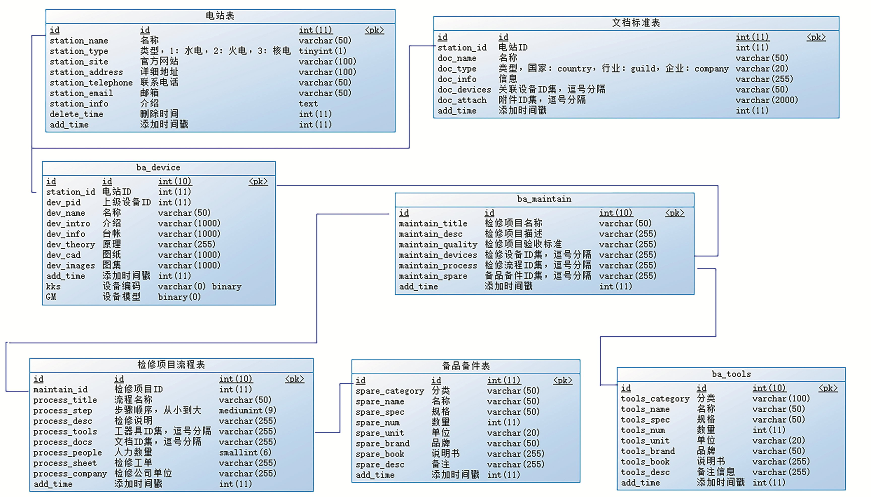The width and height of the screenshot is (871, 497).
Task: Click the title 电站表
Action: point(220,16)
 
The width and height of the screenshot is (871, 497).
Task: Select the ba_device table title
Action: point(158,168)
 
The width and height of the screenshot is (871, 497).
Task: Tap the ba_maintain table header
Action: point(544,199)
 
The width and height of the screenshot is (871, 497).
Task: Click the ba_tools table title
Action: point(731,374)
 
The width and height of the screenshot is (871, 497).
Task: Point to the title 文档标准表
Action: point(636,23)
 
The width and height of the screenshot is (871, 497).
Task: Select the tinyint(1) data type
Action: point(322,51)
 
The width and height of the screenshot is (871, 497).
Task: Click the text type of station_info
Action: point(308,104)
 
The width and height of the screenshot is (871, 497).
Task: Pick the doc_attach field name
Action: point(462,100)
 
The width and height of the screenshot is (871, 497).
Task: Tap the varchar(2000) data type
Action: point(766,100)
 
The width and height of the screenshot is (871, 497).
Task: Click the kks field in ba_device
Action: point(53,286)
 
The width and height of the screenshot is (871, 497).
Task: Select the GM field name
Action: point(51,297)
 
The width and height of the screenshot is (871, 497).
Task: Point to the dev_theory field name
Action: point(71,244)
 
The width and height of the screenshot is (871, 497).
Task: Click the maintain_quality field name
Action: point(438,244)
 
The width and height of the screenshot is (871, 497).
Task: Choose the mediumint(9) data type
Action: point(247,410)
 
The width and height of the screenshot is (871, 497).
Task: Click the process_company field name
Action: point(70,473)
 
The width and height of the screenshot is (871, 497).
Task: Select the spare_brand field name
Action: point(382,443)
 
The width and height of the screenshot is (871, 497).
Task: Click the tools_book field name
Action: point(645,462)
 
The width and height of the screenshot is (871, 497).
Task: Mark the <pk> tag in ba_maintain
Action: point(675,213)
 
